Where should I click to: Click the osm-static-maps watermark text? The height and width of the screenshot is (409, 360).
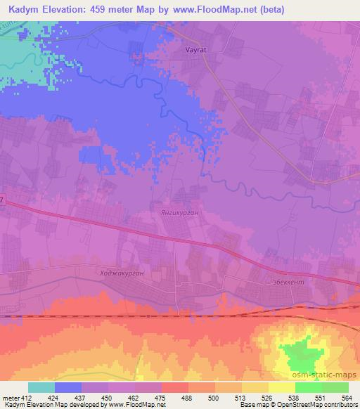coord(327,376)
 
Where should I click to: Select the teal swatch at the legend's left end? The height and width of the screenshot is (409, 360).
coord(41,387)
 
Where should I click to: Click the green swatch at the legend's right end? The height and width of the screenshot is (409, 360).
coord(335,387)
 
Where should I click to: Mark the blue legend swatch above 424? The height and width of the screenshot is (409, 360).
coord(68,387)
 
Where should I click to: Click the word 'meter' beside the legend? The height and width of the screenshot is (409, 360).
coord(9,397)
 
